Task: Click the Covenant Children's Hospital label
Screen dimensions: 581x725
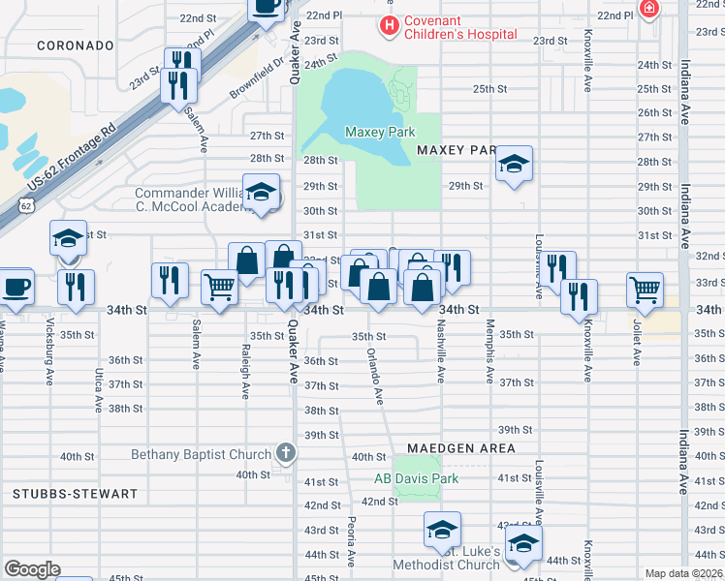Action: [460, 27]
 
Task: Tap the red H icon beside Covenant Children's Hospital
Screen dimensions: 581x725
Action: [389, 25]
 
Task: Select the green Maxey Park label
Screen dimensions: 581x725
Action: [380, 132]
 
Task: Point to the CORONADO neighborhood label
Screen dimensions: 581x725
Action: [76, 46]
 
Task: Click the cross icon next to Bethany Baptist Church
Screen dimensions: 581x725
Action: [286, 452]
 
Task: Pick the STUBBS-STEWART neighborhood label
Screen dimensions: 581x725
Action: [76, 494]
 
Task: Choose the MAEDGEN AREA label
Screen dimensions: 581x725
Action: [460, 448]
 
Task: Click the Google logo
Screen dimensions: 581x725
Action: [32, 568]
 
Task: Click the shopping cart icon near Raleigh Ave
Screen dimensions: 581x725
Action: [220, 286]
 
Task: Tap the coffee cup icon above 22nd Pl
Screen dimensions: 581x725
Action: [266, 6]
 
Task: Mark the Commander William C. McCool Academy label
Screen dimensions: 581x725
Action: [194, 199]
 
